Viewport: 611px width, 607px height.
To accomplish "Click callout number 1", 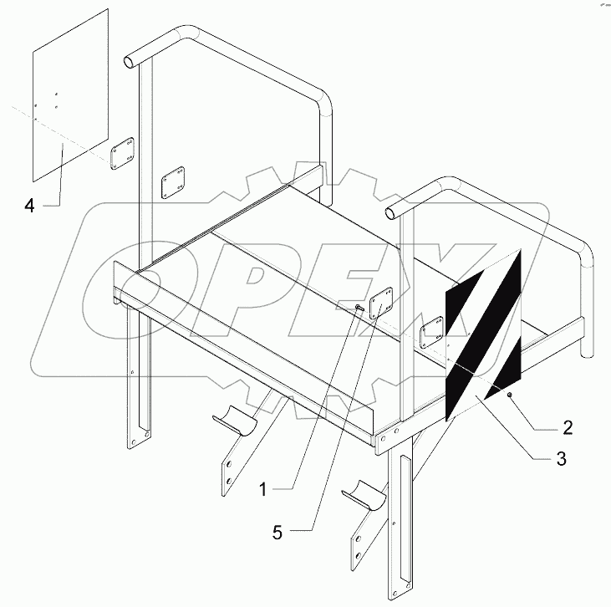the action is tap(263, 490).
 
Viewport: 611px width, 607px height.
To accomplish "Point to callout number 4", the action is tap(29, 206).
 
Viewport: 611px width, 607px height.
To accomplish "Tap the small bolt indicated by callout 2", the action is tap(510, 395).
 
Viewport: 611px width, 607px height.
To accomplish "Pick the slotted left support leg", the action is tap(138, 376).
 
